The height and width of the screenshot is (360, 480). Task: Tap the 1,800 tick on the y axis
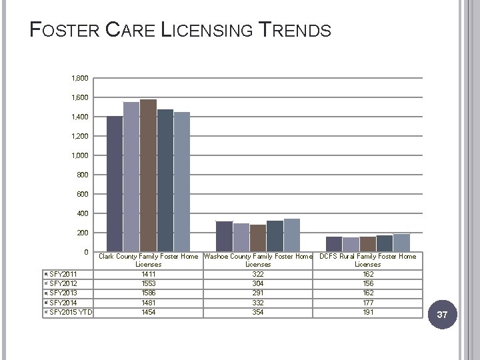pos(79,79)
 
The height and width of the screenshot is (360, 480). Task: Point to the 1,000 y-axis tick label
pos(79,155)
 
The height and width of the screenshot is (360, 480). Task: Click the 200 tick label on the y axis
pos(83,233)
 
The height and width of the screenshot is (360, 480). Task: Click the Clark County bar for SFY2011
pos(115,183)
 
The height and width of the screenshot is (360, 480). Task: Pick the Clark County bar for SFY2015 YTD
pos(182,181)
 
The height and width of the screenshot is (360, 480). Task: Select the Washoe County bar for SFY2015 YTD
pos(292,235)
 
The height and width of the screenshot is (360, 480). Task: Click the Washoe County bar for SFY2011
pos(225,236)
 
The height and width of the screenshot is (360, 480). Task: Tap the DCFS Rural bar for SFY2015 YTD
pos(401,243)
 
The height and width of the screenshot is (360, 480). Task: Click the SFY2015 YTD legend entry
pos(67,312)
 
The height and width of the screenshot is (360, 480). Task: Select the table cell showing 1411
pos(148,274)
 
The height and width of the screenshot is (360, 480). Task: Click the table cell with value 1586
pos(148,293)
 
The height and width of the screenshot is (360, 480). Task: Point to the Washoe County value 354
pos(258,312)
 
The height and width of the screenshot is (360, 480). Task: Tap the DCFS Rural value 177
pos(367,303)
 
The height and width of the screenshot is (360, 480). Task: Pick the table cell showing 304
pos(258,283)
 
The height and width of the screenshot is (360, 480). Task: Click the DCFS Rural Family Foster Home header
pos(367,260)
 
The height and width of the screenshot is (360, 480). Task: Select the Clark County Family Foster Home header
pos(148,260)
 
